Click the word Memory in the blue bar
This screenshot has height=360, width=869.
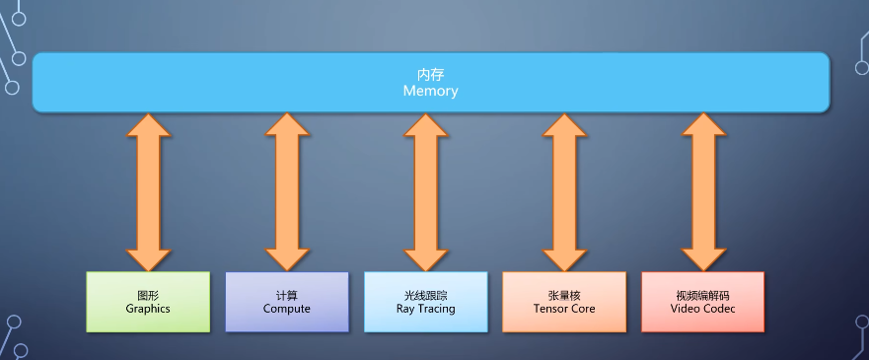[430, 91]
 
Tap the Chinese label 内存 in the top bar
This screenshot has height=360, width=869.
[430, 75]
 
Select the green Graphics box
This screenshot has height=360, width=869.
[148, 302]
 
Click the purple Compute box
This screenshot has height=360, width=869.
[287, 302]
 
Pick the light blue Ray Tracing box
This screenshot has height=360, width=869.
[425, 302]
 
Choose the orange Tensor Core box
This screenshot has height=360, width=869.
[564, 302]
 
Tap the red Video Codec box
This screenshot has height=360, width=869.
[702, 302]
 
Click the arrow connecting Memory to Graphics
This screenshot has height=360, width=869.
[148, 191]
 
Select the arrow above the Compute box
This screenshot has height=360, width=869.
[287, 191]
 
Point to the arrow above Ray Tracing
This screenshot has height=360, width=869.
[425, 191]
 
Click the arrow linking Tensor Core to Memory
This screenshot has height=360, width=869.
[564, 191]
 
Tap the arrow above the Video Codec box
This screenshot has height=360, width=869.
[702, 191]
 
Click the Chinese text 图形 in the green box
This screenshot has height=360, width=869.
[148, 295]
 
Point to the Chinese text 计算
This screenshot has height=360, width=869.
[287, 295]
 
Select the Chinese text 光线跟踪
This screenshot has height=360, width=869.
[425, 295]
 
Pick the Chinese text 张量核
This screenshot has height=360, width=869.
[564, 295]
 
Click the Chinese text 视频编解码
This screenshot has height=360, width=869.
[702, 295]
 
